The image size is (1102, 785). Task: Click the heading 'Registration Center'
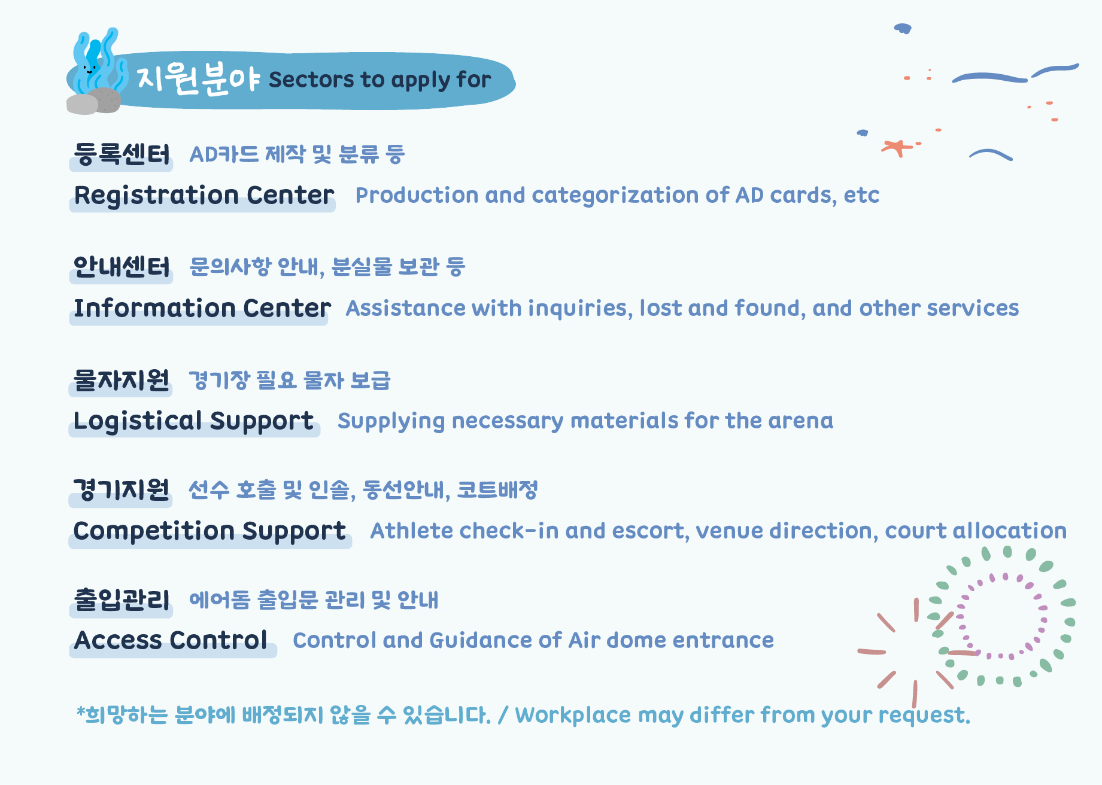click(204, 196)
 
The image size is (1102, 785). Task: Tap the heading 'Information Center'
click(202, 308)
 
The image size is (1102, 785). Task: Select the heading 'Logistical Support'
click(193, 421)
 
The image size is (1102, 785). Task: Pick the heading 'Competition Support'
click(210, 531)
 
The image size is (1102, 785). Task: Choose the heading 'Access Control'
click(171, 640)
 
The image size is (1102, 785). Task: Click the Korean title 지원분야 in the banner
click(198, 78)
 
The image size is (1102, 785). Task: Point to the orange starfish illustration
click(897, 147)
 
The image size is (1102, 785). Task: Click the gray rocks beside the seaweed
click(93, 101)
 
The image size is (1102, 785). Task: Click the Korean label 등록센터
click(122, 154)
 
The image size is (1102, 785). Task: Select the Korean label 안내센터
click(122, 267)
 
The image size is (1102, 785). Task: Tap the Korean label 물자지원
click(121, 380)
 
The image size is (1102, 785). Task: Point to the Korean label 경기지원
click(121, 490)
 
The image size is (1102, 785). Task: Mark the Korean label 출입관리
click(122, 600)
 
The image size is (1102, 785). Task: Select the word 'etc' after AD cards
click(861, 196)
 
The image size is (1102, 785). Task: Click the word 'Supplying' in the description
click(391, 422)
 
